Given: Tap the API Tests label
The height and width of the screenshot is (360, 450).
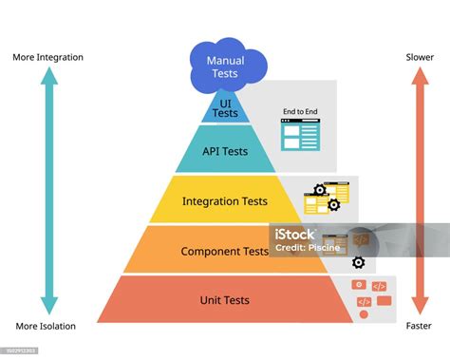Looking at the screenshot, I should coord(225,152).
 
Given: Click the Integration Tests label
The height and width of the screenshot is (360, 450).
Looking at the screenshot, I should coord(225,201).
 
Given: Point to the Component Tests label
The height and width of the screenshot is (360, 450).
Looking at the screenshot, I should coord(225,252).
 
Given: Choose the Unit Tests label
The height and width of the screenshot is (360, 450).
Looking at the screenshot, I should coord(225,300).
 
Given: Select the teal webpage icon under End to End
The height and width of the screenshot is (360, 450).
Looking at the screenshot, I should coord(300,136).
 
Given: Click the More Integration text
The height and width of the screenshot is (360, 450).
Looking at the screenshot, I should coord(47,57).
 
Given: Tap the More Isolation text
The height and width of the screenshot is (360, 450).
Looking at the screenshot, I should coord(46,327).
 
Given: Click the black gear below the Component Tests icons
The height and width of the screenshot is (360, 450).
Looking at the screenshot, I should coord(358,263).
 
